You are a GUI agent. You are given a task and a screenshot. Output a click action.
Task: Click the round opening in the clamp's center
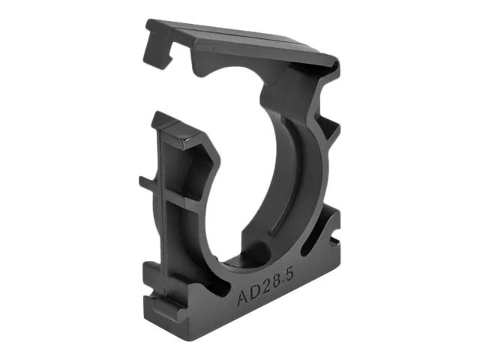point(247,187)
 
